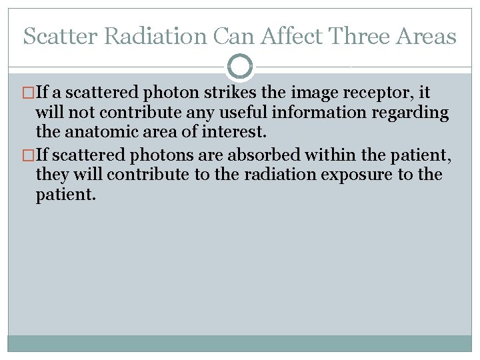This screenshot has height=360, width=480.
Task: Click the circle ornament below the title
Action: point(240,67)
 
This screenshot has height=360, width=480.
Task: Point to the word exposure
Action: point(378,175)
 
